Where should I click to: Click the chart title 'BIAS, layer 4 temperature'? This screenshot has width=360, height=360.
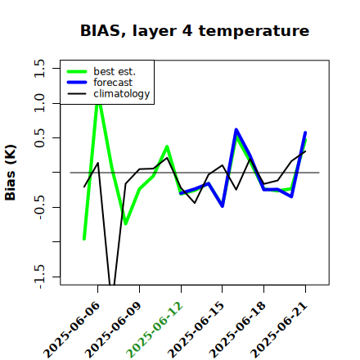(195, 31)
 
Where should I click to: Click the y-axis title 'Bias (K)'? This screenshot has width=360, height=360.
(11, 173)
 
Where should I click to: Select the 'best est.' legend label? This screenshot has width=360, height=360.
(115, 71)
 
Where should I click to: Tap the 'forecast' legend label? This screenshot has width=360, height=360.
(113, 83)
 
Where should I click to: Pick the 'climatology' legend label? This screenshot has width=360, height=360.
(122, 94)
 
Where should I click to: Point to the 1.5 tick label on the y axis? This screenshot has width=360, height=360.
(39, 68)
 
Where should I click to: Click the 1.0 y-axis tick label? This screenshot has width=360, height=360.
(39, 103)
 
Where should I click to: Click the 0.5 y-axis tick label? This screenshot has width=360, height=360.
(39, 137)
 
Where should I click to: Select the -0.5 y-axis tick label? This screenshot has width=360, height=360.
(39, 207)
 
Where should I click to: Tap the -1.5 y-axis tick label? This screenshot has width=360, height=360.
(39, 277)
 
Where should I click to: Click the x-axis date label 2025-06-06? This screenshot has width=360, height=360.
(71, 330)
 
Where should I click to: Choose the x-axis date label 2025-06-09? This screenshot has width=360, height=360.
(113, 330)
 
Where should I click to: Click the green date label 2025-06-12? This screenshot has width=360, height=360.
(155, 330)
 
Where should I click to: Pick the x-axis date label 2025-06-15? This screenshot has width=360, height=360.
(196, 330)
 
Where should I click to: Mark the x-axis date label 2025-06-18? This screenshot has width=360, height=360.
(237, 330)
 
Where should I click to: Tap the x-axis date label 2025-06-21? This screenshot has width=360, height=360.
(279, 330)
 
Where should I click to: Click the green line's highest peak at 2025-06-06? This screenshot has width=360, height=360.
(98, 104)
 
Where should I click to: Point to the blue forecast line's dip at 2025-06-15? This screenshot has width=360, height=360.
(223, 206)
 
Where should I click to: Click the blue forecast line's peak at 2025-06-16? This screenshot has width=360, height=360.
(236, 129)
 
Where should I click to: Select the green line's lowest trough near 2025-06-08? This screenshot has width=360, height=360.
(126, 223)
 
